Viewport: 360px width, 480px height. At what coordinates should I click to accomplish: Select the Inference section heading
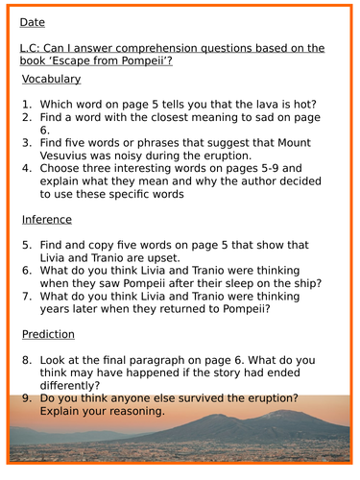47,219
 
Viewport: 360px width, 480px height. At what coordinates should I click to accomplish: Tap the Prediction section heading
50,334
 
